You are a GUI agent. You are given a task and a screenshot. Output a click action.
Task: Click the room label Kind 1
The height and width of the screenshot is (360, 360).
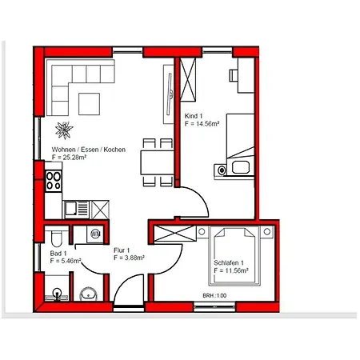click(194, 116)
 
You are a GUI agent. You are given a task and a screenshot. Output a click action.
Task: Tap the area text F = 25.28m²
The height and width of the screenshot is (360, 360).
click(69, 158)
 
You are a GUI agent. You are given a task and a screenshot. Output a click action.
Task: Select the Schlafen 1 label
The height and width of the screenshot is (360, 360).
click(229, 263)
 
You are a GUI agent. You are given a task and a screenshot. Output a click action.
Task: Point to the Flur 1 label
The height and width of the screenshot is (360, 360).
click(122, 250)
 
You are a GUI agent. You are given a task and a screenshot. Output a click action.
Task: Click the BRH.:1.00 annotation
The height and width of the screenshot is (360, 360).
click(214, 295)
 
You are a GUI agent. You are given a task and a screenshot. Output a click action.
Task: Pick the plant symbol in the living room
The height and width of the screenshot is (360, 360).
click(64, 130)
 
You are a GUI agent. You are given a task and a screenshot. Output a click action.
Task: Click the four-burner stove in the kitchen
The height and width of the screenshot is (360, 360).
click(54, 181)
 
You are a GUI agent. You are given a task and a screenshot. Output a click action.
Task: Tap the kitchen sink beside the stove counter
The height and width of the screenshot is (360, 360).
click(76, 210)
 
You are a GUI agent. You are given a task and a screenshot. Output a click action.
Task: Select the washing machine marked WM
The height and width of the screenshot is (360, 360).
click(95, 234)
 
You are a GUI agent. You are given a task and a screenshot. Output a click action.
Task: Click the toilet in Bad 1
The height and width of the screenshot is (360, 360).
click(56, 237)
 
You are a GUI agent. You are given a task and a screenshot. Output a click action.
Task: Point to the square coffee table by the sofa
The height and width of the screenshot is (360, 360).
click(89, 104)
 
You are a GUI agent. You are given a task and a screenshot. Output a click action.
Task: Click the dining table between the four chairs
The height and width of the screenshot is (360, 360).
click(157, 162)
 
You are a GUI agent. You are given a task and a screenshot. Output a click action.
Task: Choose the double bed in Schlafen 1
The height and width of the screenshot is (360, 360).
click(234, 256)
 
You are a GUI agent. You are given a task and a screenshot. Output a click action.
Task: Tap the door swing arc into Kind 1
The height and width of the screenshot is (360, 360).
click(202, 197)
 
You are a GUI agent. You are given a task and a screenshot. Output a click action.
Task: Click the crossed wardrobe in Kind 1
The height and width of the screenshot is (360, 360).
click(188, 79)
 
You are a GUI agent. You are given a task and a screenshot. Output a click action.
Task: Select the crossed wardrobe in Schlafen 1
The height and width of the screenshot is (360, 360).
click(175, 234)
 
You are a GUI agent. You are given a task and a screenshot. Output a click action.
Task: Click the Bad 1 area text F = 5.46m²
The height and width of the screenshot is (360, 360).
click(66, 261)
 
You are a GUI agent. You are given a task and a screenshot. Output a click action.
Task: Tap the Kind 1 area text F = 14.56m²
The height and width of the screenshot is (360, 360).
click(202, 124)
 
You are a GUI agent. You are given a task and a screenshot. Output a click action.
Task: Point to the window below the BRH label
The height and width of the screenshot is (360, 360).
click(214, 306)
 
